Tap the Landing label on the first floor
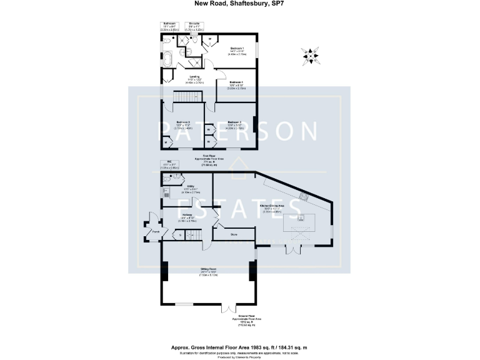click(x=186, y=77)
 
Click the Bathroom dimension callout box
click(x=168, y=27)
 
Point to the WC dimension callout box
click(x=169, y=166)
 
